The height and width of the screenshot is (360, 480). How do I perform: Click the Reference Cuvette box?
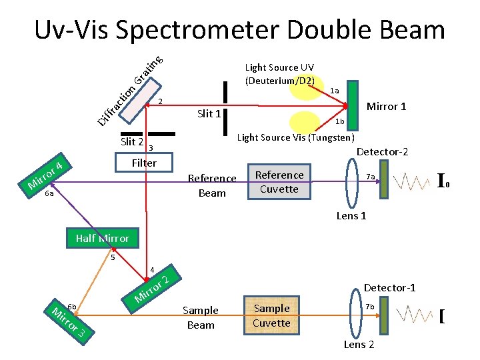click(279, 182)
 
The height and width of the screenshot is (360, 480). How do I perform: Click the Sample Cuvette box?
click(271, 315)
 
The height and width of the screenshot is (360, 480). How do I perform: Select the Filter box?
click(143, 163)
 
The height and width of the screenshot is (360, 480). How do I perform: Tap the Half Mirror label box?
click(102, 238)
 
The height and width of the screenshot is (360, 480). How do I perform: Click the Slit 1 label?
click(209, 113)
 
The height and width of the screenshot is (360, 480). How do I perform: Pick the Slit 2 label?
click(132, 141)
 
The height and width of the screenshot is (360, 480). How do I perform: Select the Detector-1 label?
click(389, 287)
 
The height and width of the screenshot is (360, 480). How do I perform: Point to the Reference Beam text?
click(212, 185)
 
